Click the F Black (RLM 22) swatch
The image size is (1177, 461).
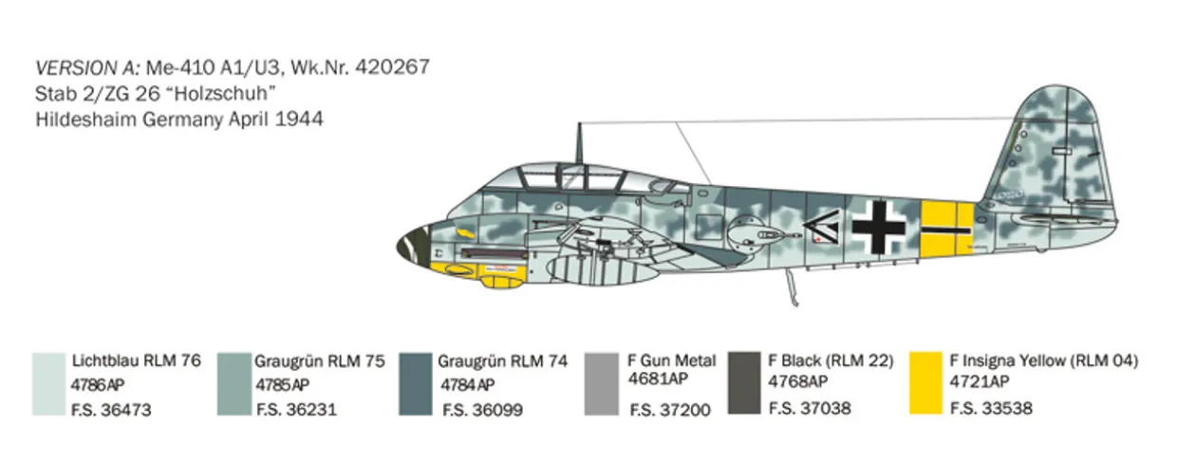point(743,383)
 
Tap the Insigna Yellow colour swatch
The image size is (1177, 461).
point(927,383)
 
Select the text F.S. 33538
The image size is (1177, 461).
point(992,410)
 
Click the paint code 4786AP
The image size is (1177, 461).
point(98,385)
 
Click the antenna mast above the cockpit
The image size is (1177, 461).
point(578,142)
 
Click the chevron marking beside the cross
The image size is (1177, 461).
point(817,226)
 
